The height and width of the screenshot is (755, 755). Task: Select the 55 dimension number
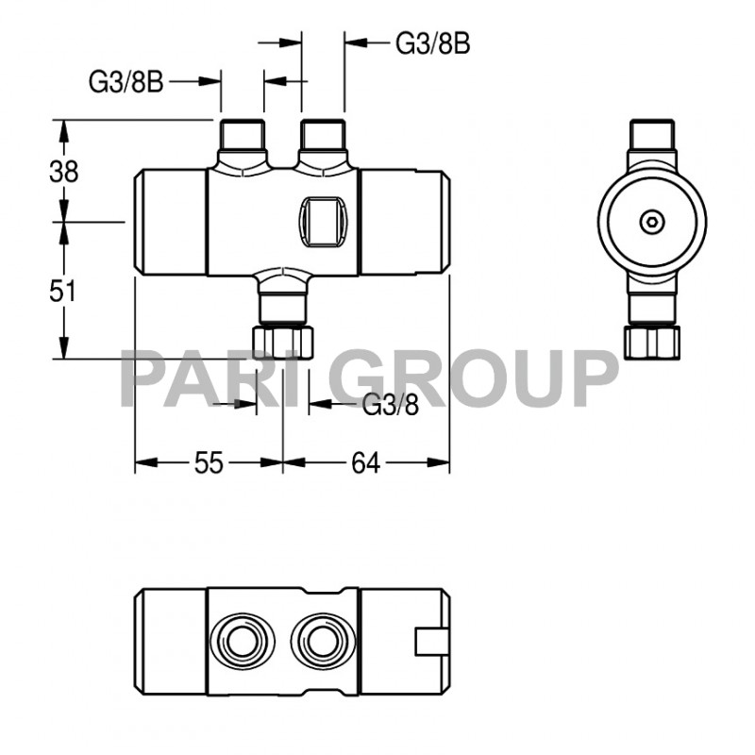(x=209, y=463)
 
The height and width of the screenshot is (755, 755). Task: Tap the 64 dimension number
(x=365, y=463)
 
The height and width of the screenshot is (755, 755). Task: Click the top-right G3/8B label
(x=432, y=43)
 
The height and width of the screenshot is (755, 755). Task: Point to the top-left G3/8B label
(x=126, y=83)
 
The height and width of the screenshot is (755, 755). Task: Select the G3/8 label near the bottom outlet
(x=391, y=405)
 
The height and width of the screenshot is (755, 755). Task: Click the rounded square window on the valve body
(x=326, y=220)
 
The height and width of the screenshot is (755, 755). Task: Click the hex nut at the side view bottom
(x=652, y=341)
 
